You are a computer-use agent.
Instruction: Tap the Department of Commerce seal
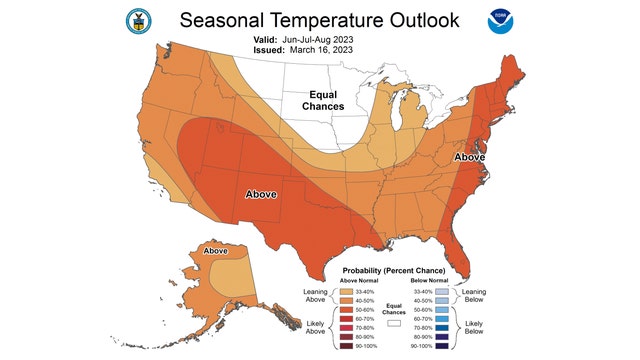134,20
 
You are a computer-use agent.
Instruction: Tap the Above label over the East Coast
469,158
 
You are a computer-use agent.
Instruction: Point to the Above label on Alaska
216,251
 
